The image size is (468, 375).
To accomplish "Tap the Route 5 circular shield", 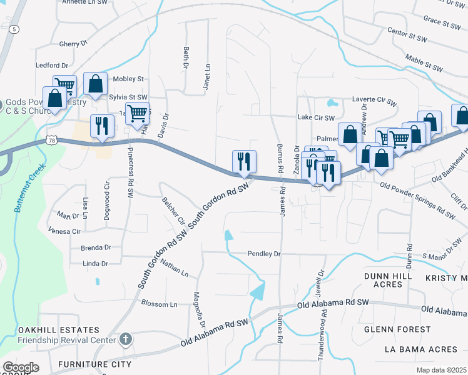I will [x=15, y=29].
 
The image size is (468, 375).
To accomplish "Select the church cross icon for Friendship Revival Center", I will [x=125, y=339].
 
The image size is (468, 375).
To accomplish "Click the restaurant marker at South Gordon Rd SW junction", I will [x=243, y=162].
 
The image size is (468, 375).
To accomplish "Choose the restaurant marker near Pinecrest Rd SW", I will [x=99, y=126].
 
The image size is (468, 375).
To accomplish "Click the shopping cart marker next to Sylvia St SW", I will [x=136, y=114].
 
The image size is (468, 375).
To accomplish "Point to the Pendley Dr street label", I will [x=264, y=254].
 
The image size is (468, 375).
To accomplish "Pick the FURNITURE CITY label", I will [x=94, y=364].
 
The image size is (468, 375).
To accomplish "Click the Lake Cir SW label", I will [x=316, y=117].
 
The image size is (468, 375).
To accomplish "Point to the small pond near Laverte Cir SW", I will [x=331, y=103].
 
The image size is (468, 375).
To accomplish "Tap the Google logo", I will [x=21, y=367].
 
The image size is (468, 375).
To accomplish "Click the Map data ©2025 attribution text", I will [x=440, y=370].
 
